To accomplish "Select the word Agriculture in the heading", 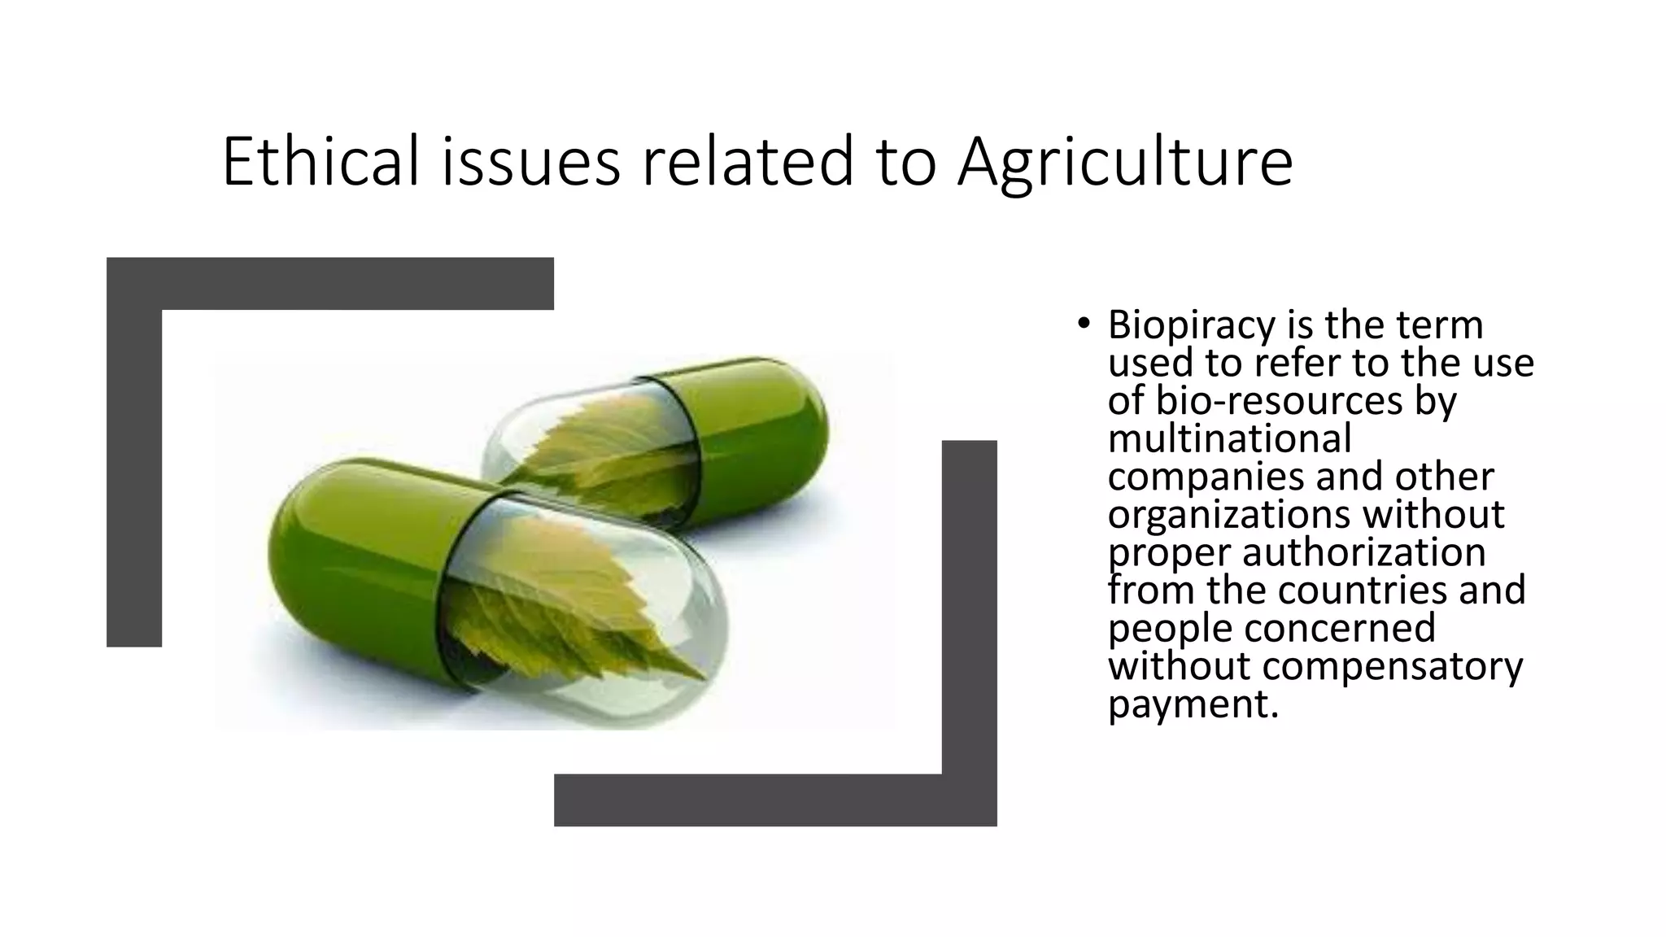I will point(1124,163).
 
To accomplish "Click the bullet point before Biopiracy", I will point(1083,325).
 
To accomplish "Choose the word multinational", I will point(1229,439).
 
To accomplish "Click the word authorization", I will point(1363,553).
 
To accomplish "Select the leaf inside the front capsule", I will point(569,602).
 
